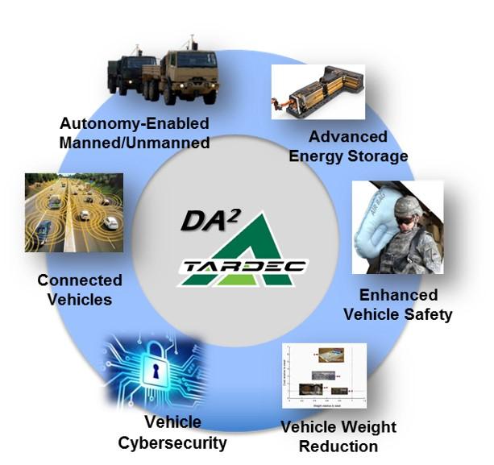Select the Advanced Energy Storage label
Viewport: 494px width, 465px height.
point(347,146)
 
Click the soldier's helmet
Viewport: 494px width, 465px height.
point(407,206)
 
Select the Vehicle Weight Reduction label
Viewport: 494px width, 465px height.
point(338,436)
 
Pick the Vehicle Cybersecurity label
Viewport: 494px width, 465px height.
point(172,433)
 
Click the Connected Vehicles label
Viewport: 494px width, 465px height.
point(79,290)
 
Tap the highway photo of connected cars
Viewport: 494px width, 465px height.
point(73,213)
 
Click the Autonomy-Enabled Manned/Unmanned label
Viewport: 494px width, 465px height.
point(134,134)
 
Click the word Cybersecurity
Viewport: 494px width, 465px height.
point(172,442)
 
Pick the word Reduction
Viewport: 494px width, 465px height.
point(338,446)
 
